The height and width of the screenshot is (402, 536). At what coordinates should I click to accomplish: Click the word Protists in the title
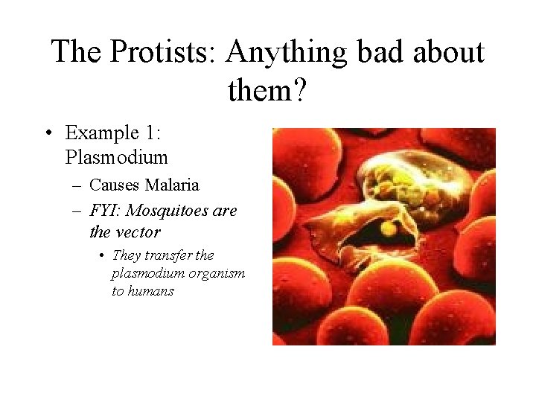coord(159,51)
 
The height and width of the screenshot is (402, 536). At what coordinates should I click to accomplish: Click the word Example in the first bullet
coord(102,134)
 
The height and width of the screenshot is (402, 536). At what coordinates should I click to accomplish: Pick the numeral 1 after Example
coord(150,133)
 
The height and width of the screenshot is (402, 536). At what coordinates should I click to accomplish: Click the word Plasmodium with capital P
coord(116,157)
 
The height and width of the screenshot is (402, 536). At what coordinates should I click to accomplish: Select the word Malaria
coord(172,185)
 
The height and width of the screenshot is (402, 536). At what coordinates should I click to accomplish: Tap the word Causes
coord(114,185)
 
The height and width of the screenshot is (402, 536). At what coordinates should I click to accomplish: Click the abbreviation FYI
coord(105,210)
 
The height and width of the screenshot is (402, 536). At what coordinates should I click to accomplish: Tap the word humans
coord(150,291)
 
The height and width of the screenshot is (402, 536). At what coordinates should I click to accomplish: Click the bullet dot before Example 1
coord(49,133)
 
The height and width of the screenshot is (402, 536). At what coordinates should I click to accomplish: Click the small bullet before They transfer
coord(101,255)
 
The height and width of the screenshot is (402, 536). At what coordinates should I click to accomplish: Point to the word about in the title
coord(448,51)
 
